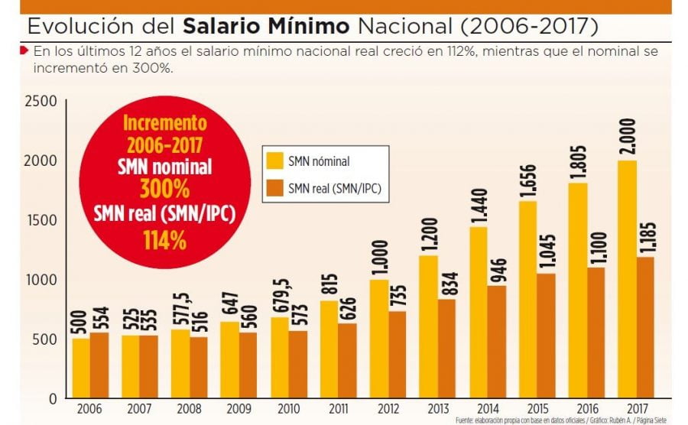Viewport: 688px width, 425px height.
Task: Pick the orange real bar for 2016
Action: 596,333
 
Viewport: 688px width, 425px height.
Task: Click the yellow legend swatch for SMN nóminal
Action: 274,161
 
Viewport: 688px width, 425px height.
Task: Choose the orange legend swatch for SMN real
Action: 274,187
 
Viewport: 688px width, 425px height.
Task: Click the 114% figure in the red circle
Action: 165,240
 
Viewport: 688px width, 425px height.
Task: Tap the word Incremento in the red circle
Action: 165,122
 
